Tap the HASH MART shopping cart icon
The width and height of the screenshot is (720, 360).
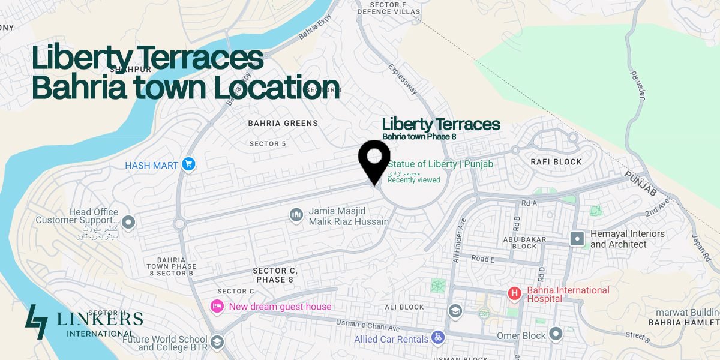(188, 164)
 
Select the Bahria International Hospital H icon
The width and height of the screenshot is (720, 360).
(514, 293)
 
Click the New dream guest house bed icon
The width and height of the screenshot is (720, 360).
(217, 306)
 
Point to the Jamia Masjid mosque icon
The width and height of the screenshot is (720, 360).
(296, 214)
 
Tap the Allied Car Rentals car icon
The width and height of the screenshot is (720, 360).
(439, 338)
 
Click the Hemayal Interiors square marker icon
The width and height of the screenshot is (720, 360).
(577, 239)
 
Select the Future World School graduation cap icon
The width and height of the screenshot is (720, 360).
(217, 342)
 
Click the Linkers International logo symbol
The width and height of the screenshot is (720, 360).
(37, 322)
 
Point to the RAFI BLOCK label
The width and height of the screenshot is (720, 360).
(556, 161)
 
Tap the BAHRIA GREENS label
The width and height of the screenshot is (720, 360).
(283, 123)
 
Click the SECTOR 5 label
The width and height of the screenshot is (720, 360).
(268, 144)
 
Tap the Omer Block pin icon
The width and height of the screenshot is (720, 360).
(556, 334)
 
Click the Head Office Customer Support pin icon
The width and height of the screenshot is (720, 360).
(128, 223)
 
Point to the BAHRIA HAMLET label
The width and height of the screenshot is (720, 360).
(684, 322)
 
